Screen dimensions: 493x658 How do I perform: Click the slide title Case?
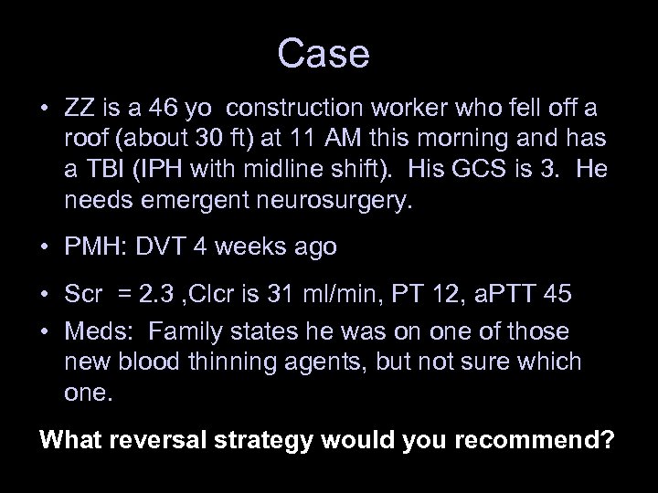click(x=324, y=54)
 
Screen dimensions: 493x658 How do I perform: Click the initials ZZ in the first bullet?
click(x=79, y=110)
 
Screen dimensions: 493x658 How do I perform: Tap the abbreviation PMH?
click(x=94, y=247)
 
